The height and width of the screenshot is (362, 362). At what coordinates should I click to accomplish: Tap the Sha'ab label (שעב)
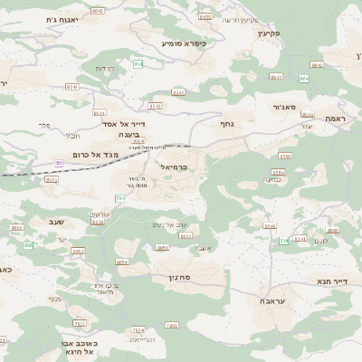point(53,220)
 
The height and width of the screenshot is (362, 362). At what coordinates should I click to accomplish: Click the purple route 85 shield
point(60,163)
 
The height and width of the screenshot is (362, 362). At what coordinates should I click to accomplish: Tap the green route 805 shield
point(284,241)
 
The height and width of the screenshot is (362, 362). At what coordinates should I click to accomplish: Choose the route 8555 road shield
point(205,17)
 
